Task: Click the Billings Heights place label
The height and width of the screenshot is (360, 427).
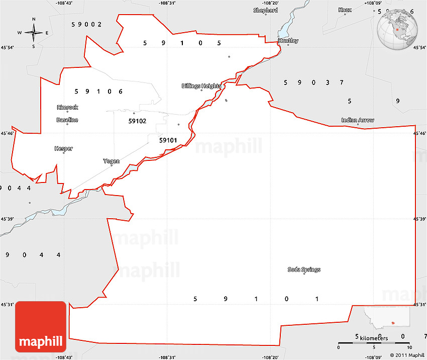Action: [201, 86]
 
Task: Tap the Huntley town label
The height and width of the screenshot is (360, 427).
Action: [288, 41]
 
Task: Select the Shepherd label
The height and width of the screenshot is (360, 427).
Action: [265, 10]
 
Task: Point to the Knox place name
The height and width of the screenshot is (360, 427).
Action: [345, 10]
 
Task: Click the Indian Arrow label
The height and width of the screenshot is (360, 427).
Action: [358, 120]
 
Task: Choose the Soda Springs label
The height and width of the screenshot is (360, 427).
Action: [304, 269]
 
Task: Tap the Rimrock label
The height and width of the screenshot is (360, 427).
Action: [67, 107]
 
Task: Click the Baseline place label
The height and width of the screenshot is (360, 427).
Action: [67, 120]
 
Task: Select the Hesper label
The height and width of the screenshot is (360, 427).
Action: [64, 148]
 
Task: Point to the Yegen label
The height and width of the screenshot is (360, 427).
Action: [111, 161]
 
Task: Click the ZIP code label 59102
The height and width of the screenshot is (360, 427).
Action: [137, 121]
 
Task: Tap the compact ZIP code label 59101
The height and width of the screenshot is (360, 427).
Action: [168, 140]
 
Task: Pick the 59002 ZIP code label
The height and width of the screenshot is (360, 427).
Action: [87, 24]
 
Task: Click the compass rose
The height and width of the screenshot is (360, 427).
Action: [34, 33]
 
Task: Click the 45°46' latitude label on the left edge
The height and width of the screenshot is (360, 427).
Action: [7, 134]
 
